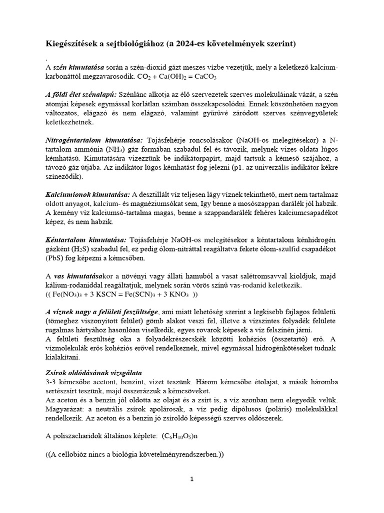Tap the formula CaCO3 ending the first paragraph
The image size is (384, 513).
pos(220,79)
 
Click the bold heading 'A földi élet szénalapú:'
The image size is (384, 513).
pos(81,95)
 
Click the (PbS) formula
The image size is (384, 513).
pos(55,260)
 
